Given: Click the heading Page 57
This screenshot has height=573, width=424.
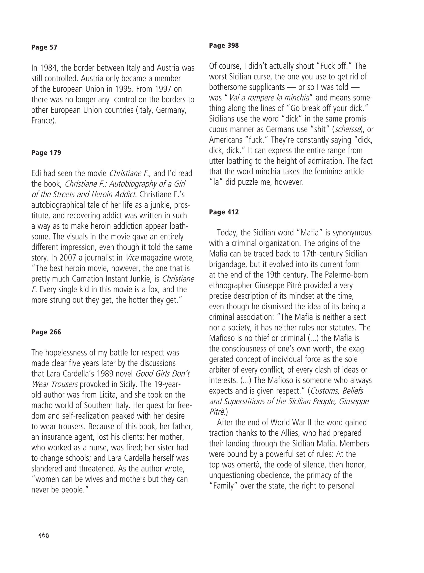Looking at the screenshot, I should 44,47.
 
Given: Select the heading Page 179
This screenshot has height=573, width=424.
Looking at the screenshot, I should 46,153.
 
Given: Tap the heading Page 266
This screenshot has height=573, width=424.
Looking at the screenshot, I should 46,332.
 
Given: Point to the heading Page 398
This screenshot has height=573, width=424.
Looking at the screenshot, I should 224,46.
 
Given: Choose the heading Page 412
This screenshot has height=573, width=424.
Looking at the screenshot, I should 224,212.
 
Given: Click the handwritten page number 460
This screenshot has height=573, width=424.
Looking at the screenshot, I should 44,535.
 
